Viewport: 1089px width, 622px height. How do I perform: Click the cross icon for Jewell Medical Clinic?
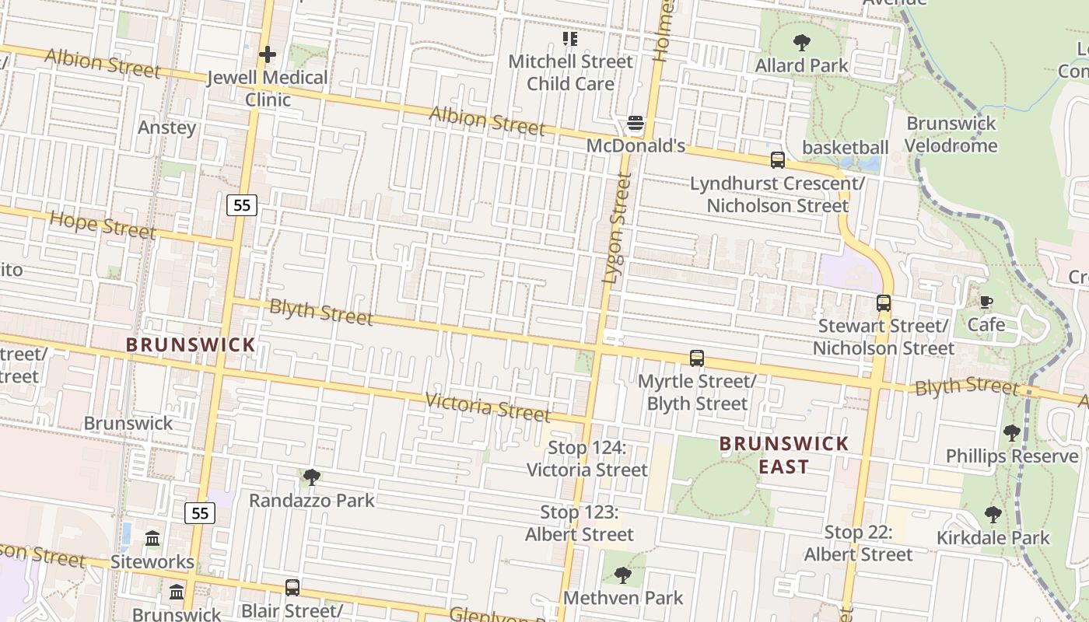tap(267, 54)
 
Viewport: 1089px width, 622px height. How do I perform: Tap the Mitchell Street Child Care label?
tap(570, 72)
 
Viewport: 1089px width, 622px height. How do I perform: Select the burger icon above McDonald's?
tap(636, 123)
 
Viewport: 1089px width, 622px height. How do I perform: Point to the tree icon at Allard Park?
tap(801, 42)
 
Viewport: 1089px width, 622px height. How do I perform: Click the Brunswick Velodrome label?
tap(951, 135)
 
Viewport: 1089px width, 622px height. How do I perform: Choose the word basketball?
tap(845, 148)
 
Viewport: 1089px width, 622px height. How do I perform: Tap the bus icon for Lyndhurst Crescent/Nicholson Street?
tap(777, 160)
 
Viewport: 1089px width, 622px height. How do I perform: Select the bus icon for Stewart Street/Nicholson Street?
tap(883, 303)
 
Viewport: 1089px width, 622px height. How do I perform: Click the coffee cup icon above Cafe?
tap(986, 302)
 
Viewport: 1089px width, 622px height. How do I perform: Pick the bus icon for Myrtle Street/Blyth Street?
tap(696, 358)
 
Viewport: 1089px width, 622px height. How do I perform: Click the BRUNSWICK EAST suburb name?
tap(783, 455)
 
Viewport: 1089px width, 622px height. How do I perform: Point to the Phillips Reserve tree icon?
tap(1011, 433)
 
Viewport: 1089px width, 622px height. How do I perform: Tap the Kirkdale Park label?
tap(993, 538)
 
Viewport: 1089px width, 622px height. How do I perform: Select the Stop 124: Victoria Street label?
tap(587, 459)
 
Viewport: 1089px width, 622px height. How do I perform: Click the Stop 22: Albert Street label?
tap(858, 543)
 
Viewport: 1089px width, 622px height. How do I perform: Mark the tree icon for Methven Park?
tap(622, 575)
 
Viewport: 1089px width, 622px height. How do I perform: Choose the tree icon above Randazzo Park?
tap(311, 477)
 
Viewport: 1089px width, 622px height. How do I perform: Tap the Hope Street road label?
tap(103, 225)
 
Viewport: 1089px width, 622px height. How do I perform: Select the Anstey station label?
tap(166, 128)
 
